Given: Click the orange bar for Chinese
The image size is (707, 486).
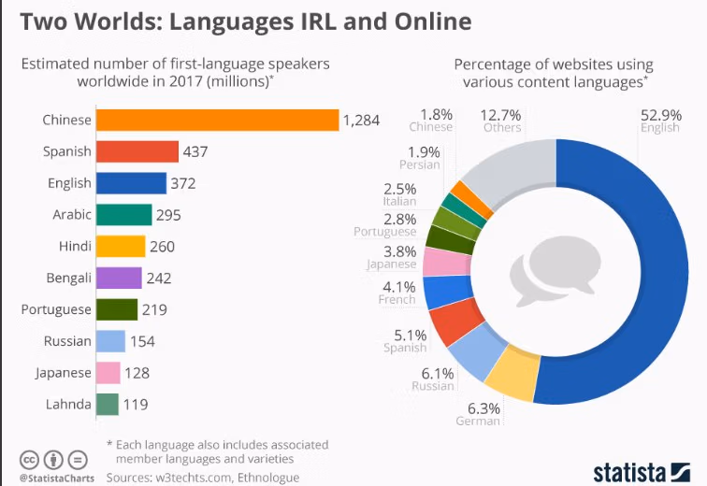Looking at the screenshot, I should coord(217,120).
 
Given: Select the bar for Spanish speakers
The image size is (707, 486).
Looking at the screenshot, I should coord(137,151).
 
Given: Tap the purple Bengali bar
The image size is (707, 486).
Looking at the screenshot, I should coord(119,278).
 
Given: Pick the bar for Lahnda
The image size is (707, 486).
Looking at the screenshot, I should coord(108,404).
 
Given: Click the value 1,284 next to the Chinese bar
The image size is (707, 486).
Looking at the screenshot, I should coord(361,120).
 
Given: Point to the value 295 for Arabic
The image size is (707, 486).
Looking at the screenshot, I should coord(168,215).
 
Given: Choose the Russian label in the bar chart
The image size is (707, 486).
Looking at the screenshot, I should coord(67,341).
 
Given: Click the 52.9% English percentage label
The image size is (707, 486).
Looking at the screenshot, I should coord(660,114).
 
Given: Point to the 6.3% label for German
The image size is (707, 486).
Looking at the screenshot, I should coord(483,408).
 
